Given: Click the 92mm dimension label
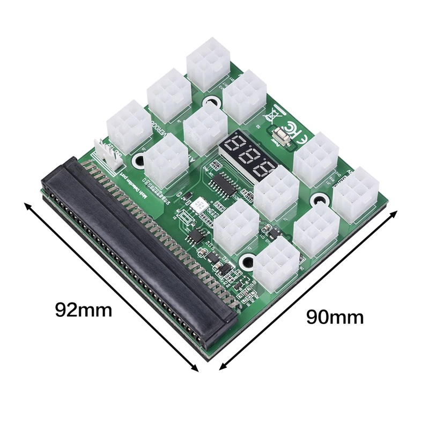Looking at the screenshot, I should pos(84,309).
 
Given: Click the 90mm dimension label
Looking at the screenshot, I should pos(335,317).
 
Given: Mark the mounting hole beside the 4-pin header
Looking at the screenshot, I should pos(141,159).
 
